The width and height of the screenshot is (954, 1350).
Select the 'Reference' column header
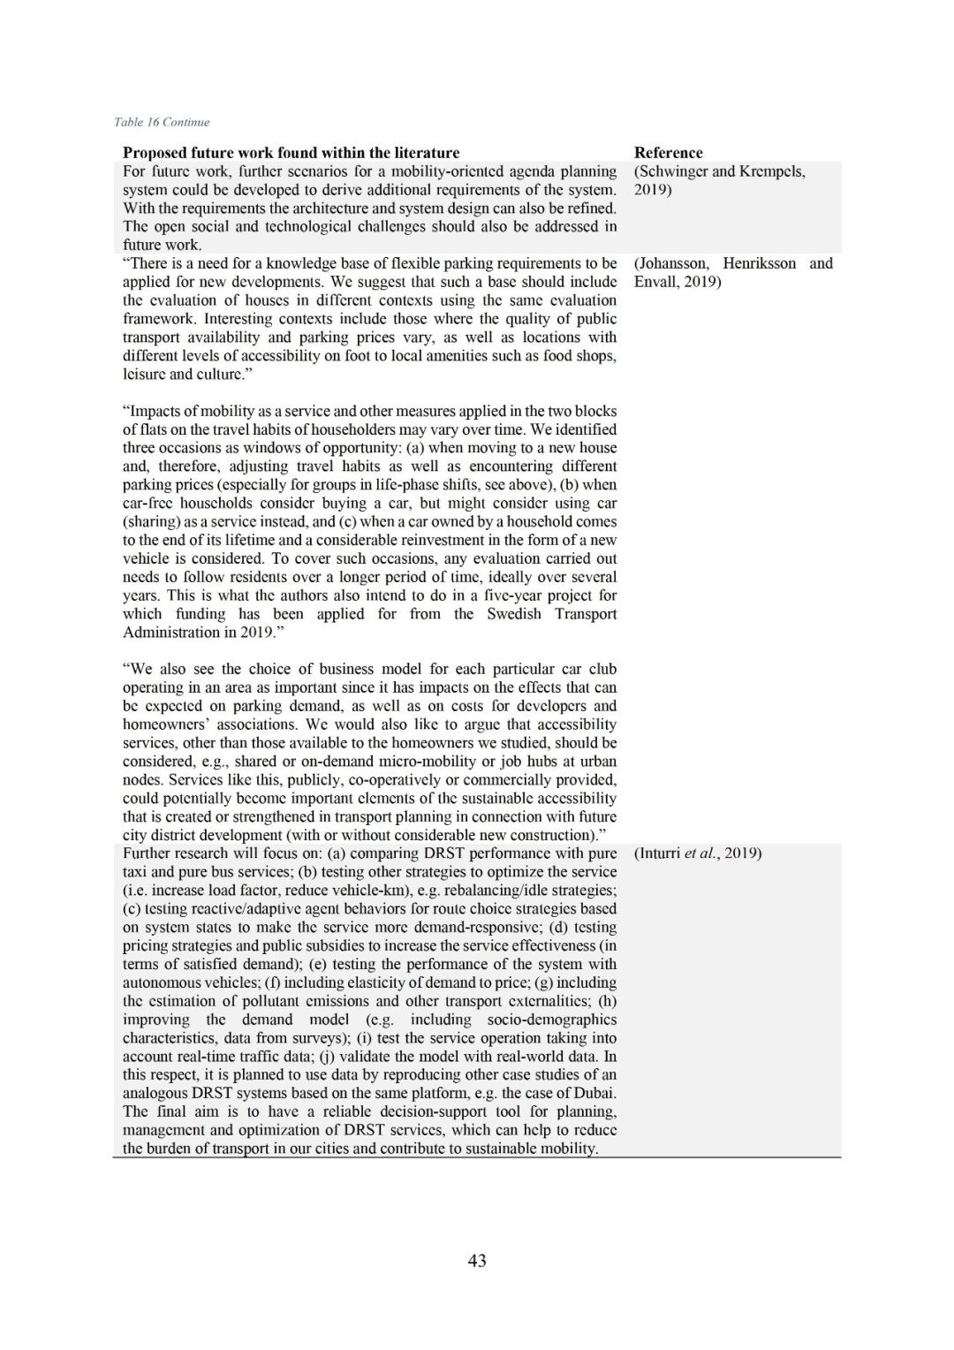668,153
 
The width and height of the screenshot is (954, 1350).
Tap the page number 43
477,1261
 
